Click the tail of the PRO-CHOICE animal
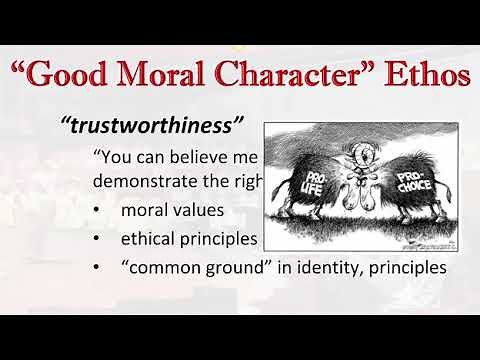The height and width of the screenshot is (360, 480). coord(450,185)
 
